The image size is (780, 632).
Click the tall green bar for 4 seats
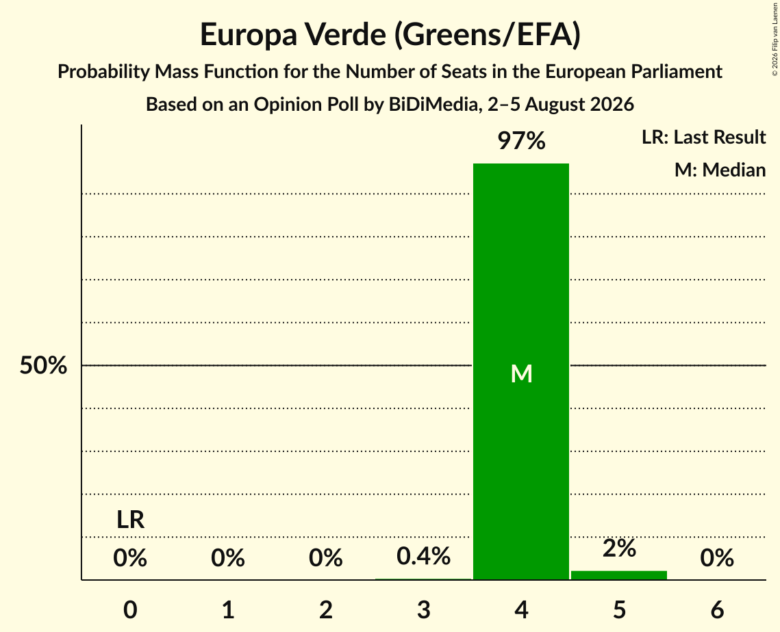(x=521, y=371)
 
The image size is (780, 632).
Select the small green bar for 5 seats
(x=619, y=575)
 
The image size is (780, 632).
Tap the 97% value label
(x=521, y=141)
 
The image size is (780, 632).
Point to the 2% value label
(x=619, y=548)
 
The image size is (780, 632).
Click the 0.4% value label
(x=423, y=556)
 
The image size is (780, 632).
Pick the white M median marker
(x=521, y=373)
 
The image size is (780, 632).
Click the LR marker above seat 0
(x=130, y=520)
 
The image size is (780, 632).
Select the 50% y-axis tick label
(x=43, y=365)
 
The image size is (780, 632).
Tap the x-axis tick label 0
(x=130, y=609)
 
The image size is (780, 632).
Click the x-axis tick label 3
(x=423, y=609)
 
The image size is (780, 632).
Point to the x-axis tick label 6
(x=717, y=609)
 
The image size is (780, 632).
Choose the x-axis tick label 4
(x=521, y=609)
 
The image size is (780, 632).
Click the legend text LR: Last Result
(x=703, y=137)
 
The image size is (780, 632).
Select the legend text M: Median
(x=720, y=170)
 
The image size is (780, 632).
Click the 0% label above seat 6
(x=717, y=557)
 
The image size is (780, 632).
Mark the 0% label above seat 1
(x=228, y=557)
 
